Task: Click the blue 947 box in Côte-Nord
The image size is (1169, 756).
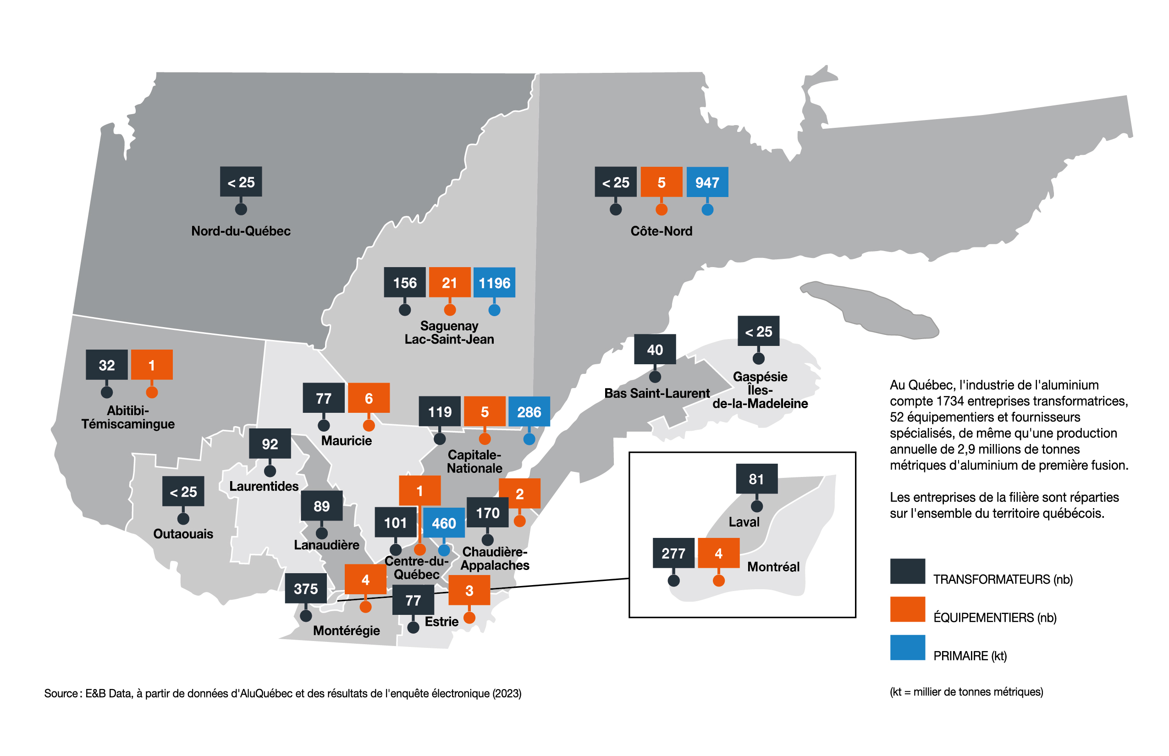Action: [707, 182]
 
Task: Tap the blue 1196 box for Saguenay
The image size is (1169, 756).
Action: [494, 283]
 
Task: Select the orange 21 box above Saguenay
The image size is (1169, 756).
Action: [449, 283]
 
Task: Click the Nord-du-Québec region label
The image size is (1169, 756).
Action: [241, 231]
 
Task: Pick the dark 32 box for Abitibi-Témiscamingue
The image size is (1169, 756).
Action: [106, 365]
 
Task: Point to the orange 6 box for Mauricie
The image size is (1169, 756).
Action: [369, 398]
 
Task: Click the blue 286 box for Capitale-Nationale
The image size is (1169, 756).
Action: [529, 411]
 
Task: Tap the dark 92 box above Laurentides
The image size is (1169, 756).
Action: [270, 444]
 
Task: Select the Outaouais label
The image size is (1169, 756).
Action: [183, 534]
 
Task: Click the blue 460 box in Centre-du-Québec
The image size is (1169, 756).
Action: [444, 523]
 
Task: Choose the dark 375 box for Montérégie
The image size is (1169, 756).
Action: [305, 589]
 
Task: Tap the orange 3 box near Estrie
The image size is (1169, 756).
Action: [469, 591]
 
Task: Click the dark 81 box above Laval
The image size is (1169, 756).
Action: [756, 479]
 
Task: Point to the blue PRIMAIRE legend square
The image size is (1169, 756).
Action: [907, 647]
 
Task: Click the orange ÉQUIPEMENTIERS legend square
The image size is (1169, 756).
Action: [907, 609]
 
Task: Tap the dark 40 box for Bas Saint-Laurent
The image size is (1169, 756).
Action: [655, 350]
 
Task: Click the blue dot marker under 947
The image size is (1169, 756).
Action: [707, 210]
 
